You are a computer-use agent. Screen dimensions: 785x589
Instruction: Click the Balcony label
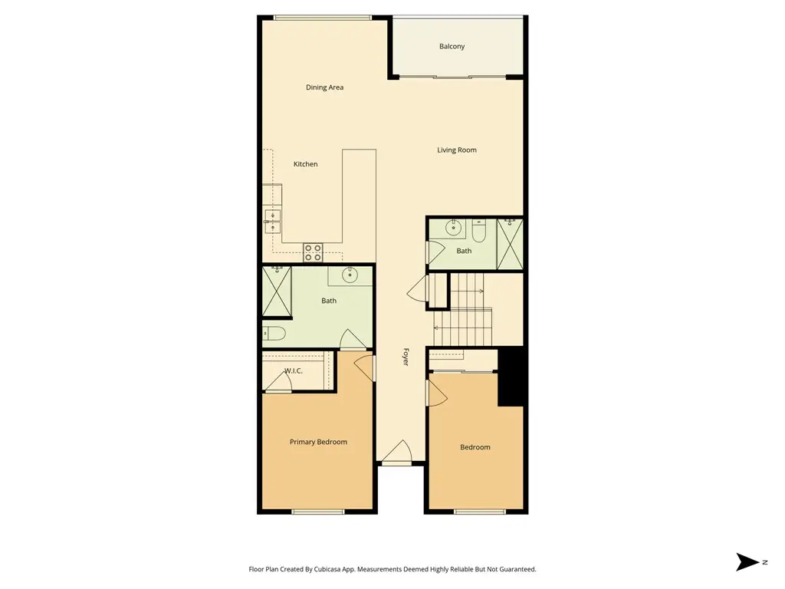click(452, 46)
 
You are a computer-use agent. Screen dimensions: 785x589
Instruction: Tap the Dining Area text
click(324, 87)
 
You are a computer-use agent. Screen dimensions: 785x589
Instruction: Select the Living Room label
click(457, 150)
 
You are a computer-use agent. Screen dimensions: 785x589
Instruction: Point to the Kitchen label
click(305, 164)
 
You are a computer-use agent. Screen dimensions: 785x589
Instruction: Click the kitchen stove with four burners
click(313, 252)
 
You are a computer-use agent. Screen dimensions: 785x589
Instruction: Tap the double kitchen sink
click(272, 222)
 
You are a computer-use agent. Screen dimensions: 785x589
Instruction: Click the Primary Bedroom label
click(318, 442)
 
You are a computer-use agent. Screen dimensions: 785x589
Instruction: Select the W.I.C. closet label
click(294, 370)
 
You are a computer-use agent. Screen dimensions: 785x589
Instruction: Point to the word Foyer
click(406, 357)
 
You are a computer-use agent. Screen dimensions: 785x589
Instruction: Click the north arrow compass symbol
click(747, 562)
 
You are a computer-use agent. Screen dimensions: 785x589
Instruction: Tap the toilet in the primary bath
click(274, 333)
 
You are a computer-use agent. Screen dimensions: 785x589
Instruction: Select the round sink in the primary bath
click(350, 275)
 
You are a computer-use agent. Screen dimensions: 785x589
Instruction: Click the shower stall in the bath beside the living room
click(510, 244)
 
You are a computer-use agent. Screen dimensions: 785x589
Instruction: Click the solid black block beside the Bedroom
click(511, 377)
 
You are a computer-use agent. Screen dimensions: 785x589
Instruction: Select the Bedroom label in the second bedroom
click(475, 447)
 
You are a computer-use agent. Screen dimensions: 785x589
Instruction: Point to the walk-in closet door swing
click(278, 383)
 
